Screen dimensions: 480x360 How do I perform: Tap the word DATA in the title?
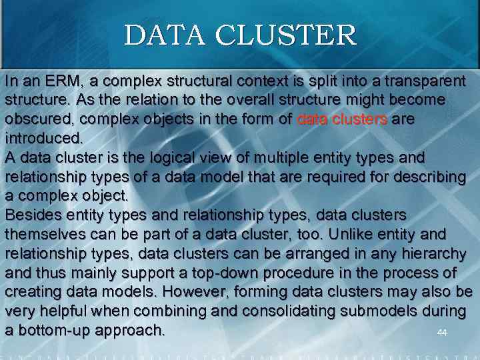pyautogui.click(x=169, y=35)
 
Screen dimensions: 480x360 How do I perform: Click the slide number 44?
pyautogui.click(x=441, y=332)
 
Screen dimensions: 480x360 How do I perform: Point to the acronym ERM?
pyautogui.click(x=63, y=81)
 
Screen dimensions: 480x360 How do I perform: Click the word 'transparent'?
pyautogui.click(x=420, y=81)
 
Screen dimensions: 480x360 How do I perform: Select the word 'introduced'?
pyautogui.click(x=43, y=139)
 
